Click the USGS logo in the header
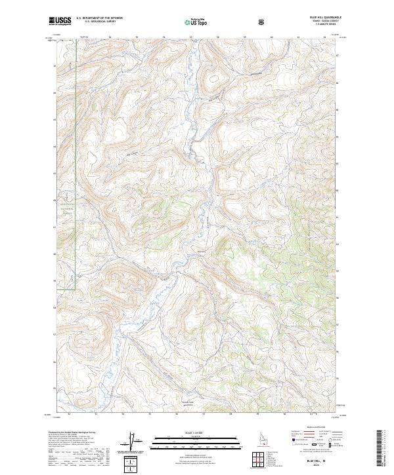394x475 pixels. click(x=60, y=22)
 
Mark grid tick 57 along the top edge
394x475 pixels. click(x=190, y=37)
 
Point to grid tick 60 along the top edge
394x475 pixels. click(x=271, y=37)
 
